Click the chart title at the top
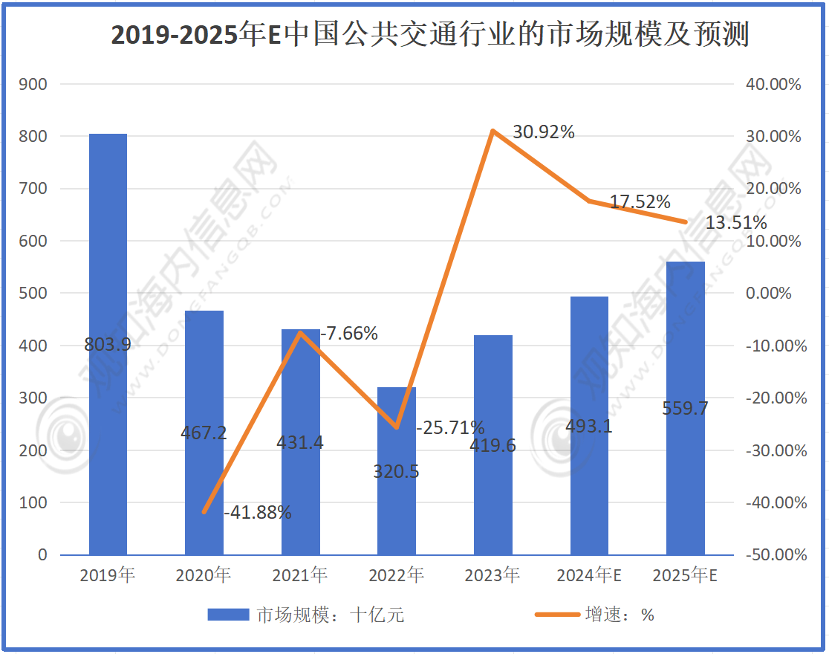point(429,35)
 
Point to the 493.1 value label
point(588,427)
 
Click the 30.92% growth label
point(543,132)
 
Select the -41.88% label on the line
point(257,512)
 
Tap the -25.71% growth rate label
point(450,428)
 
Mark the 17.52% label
point(640,201)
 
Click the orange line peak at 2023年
point(492,132)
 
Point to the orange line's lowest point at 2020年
point(204,512)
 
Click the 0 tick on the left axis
point(42,555)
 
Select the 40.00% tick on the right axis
point(773,85)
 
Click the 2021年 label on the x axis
point(300,575)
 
